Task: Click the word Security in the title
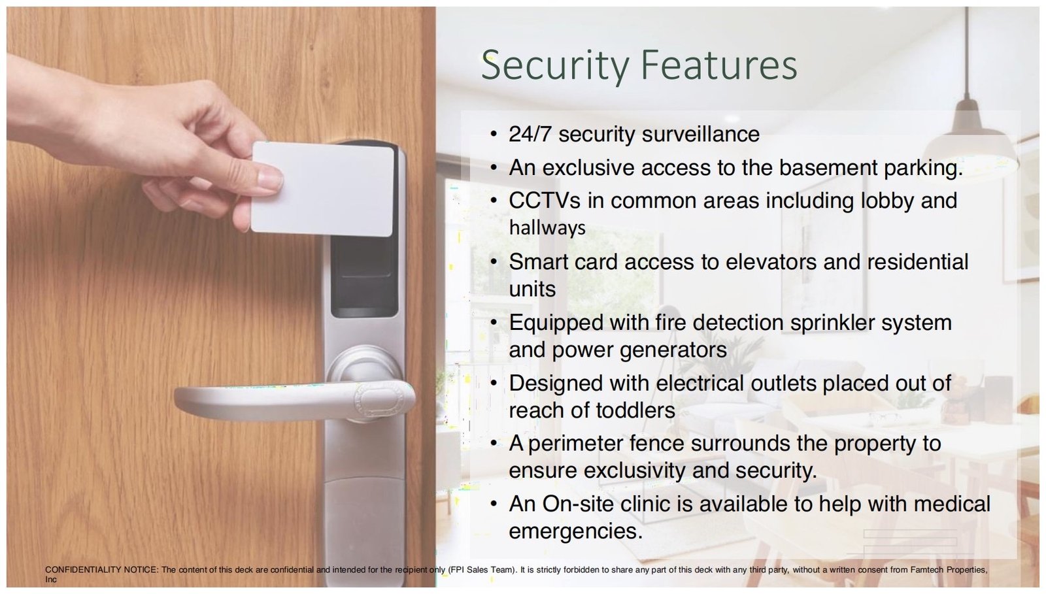[555, 66]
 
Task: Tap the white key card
[322, 189]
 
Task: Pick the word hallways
[547, 228]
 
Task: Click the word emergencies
[576, 532]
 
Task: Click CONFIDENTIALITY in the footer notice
[83, 570]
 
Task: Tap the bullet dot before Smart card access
[494, 262]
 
